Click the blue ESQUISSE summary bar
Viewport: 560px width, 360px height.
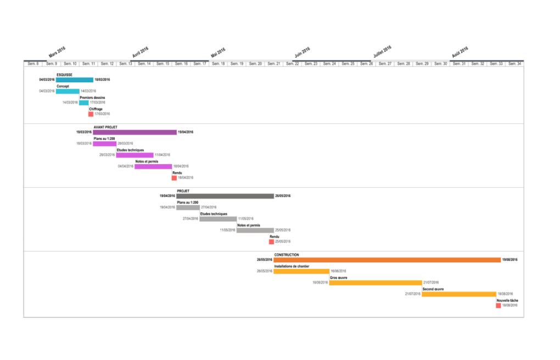[x=75, y=80]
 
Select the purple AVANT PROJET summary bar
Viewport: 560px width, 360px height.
[x=135, y=132]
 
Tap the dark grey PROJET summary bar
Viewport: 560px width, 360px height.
[x=225, y=196]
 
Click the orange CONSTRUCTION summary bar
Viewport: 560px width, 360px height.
[x=387, y=260]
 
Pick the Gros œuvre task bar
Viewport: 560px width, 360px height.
[x=375, y=283]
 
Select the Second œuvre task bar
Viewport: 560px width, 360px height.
[x=458, y=294]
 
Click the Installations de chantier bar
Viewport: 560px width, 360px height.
[x=301, y=271]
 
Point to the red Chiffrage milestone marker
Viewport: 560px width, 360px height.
[x=91, y=114]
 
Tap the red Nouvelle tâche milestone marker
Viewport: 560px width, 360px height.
[x=499, y=306]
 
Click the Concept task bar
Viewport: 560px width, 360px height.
[x=68, y=91]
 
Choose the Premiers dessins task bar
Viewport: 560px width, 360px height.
[x=83, y=103]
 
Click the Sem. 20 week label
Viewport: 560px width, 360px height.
[x=255, y=64]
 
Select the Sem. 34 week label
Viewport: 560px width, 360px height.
[x=514, y=64]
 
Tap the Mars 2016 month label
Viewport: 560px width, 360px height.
[x=57, y=52]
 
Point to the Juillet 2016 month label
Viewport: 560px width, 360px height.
[x=382, y=52]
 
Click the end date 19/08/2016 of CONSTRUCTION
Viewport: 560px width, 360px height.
[x=511, y=260]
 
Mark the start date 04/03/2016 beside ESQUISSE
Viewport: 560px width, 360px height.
[x=47, y=80]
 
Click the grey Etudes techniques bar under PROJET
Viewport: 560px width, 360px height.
[x=218, y=219]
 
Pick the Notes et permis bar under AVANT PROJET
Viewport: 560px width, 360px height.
[x=153, y=166]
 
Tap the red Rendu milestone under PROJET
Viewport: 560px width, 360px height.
[x=271, y=242]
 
